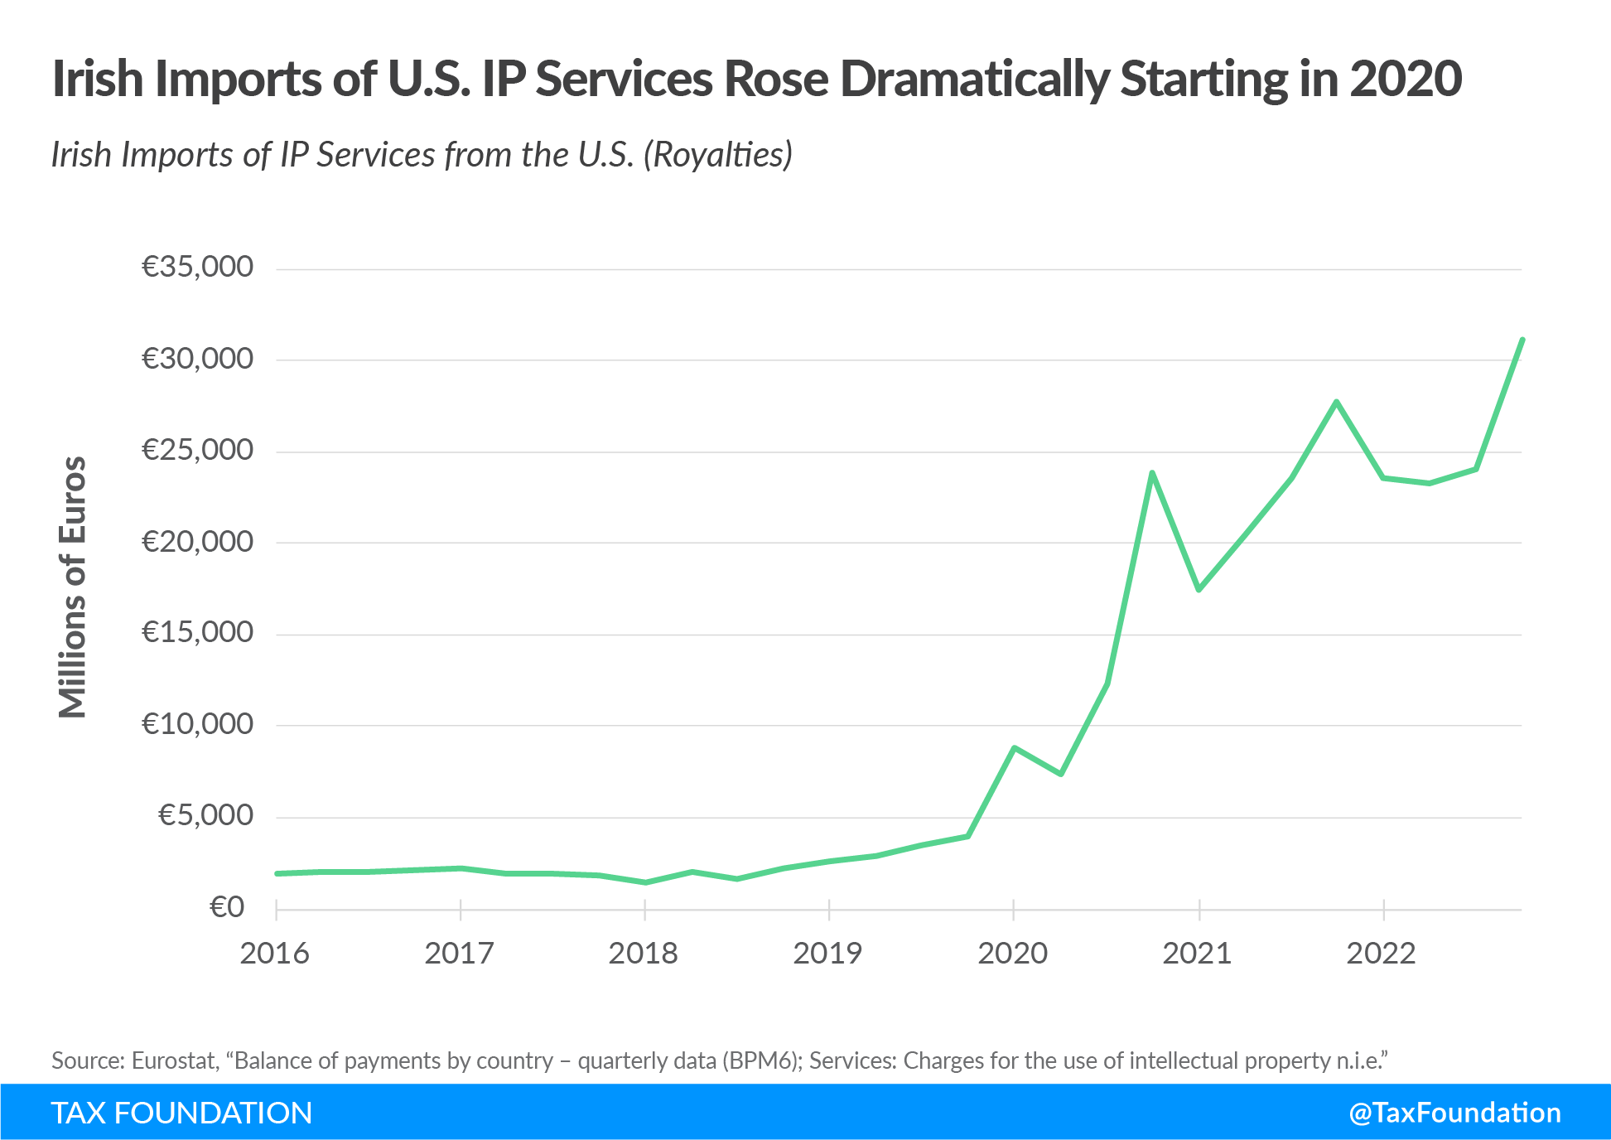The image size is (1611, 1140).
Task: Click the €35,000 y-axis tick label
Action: [197, 267]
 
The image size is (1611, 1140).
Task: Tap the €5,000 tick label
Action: [205, 815]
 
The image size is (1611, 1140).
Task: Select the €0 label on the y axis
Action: [227, 907]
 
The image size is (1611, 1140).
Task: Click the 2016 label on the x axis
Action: [274, 954]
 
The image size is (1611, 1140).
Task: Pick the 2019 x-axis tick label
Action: [827, 954]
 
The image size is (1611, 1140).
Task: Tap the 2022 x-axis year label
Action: [1381, 954]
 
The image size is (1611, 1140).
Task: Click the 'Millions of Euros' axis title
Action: [73, 587]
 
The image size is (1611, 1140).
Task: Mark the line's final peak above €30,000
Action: [1522, 340]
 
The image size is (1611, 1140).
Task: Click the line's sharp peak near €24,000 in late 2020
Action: [1152, 473]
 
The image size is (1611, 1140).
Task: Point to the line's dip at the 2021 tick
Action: [1199, 589]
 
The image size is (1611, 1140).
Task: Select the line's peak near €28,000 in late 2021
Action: [1337, 402]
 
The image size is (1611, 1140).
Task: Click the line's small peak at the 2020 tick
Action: [1014, 747]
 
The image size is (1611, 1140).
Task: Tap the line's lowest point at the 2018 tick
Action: [645, 882]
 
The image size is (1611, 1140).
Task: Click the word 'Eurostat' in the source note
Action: [174, 1060]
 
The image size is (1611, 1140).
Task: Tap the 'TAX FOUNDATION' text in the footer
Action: [181, 1113]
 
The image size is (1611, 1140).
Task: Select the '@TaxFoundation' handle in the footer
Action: [1454, 1113]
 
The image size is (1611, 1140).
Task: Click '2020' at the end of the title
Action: [1406, 80]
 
